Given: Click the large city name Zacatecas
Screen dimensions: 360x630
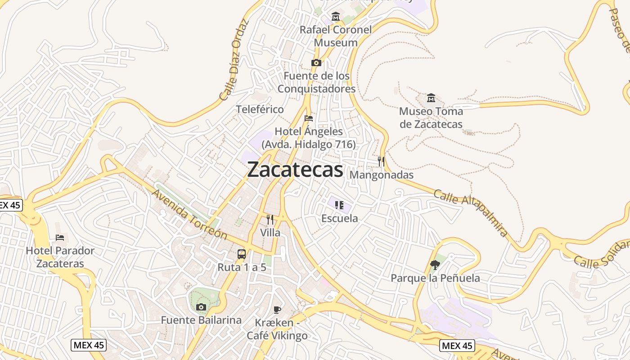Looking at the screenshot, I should tap(295, 170).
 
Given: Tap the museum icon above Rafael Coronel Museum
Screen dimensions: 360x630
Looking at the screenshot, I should tap(336, 17).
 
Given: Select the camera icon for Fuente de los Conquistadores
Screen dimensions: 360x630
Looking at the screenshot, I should tap(316, 63).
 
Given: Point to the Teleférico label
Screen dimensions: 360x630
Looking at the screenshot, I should tap(260, 109).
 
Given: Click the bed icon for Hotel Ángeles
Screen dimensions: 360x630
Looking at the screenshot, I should tap(309, 118).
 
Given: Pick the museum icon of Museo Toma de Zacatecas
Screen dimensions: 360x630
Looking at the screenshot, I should tap(431, 98).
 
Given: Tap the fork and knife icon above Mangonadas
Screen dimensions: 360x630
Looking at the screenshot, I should tap(381, 161).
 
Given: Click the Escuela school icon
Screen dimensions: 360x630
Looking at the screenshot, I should tap(339, 205).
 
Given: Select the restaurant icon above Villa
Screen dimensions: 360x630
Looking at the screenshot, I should tap(270, 219).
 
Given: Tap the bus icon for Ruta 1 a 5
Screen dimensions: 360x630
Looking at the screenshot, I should tap(242, 254).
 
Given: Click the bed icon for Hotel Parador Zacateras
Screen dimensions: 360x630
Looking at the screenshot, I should tap(60, 237).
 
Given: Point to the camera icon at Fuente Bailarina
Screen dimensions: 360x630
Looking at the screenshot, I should tap(201, 307).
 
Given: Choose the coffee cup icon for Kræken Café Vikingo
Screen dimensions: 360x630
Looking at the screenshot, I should tap(277, 309).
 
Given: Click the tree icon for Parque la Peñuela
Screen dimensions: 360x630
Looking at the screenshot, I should tap(435, 265).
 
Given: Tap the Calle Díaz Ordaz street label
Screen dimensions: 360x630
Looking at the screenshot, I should tap(234, 59).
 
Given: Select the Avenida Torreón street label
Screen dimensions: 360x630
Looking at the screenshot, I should tap(189, 214).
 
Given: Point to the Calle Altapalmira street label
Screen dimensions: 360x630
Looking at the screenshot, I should tap(471, 212).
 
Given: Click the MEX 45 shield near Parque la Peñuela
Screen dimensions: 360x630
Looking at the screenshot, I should tap(457, 345).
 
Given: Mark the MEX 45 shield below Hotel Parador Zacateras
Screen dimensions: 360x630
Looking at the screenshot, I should tap(89, 345).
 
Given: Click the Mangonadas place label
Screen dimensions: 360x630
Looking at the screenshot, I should tap(381, 175).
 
